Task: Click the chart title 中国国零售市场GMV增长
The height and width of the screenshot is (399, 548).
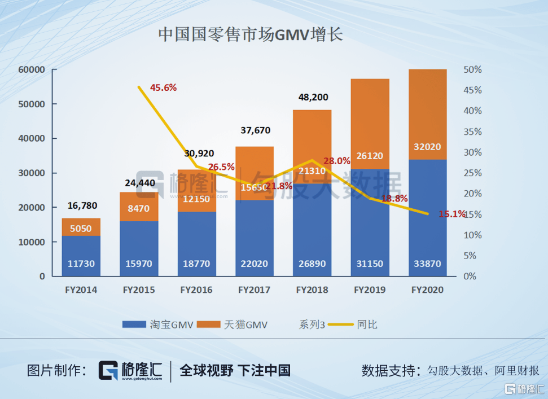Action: [251, 35]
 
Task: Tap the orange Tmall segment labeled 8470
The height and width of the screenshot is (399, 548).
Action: [139, 208]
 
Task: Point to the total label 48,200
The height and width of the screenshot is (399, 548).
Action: [312, 97]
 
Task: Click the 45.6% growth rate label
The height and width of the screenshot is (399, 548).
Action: [164, 87]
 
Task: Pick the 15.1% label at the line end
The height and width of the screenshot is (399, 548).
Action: [452, 214]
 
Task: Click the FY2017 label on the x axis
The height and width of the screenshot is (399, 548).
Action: [254, 290]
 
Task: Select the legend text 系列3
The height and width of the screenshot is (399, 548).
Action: [312, 325]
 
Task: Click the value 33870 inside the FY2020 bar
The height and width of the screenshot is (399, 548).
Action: [428, 264]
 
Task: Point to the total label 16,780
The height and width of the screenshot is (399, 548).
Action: [81, 205]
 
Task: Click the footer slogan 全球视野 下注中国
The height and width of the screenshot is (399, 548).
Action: [235, 370]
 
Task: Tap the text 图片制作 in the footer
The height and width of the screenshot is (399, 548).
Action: [53, 370]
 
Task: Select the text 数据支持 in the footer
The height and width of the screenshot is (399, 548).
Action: [388, 371]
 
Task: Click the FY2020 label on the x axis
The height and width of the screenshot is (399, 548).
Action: [428, 290]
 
